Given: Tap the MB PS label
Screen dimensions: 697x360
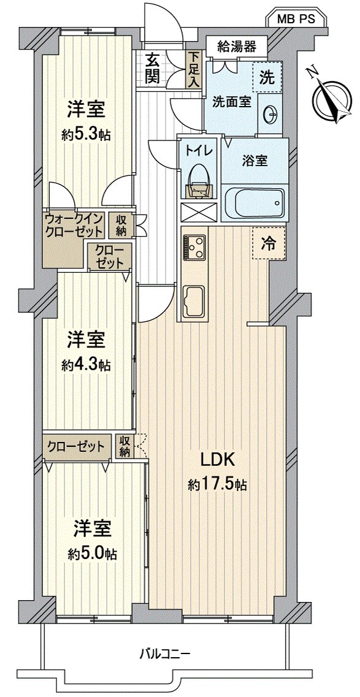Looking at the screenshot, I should pos(295,19).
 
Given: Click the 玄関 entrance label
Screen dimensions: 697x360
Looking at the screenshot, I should pos(153,67).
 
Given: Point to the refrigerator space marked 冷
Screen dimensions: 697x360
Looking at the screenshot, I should pos(269,243).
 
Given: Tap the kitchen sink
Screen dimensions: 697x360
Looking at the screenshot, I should pos(194,299).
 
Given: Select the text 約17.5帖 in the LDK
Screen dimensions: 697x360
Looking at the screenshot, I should pos(218,484).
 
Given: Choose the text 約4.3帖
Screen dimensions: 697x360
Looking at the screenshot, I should pos(86,365).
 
